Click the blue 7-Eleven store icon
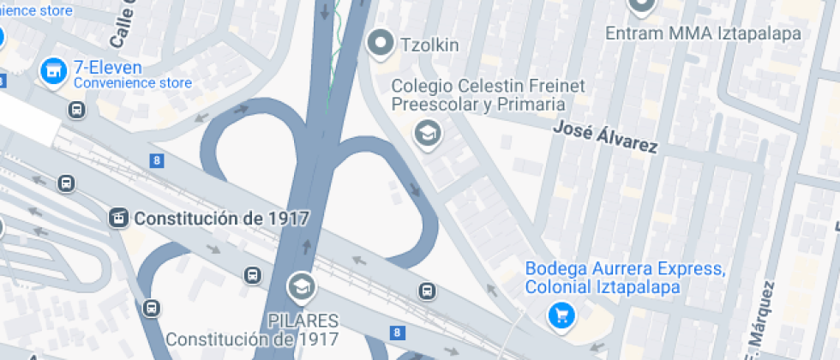point(54,71)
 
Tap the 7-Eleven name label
point(107,67)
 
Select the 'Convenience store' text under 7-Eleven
point(132,83)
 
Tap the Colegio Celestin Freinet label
point(477,94)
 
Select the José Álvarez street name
point(605,136)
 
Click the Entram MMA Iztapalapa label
point(703,33)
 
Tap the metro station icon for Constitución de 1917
point(119,218)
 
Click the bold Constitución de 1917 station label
point(220,218)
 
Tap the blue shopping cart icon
point(561,316)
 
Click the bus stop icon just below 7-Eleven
point(76,110)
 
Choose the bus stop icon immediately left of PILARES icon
point(252,275)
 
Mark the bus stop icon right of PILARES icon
point(426,291)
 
